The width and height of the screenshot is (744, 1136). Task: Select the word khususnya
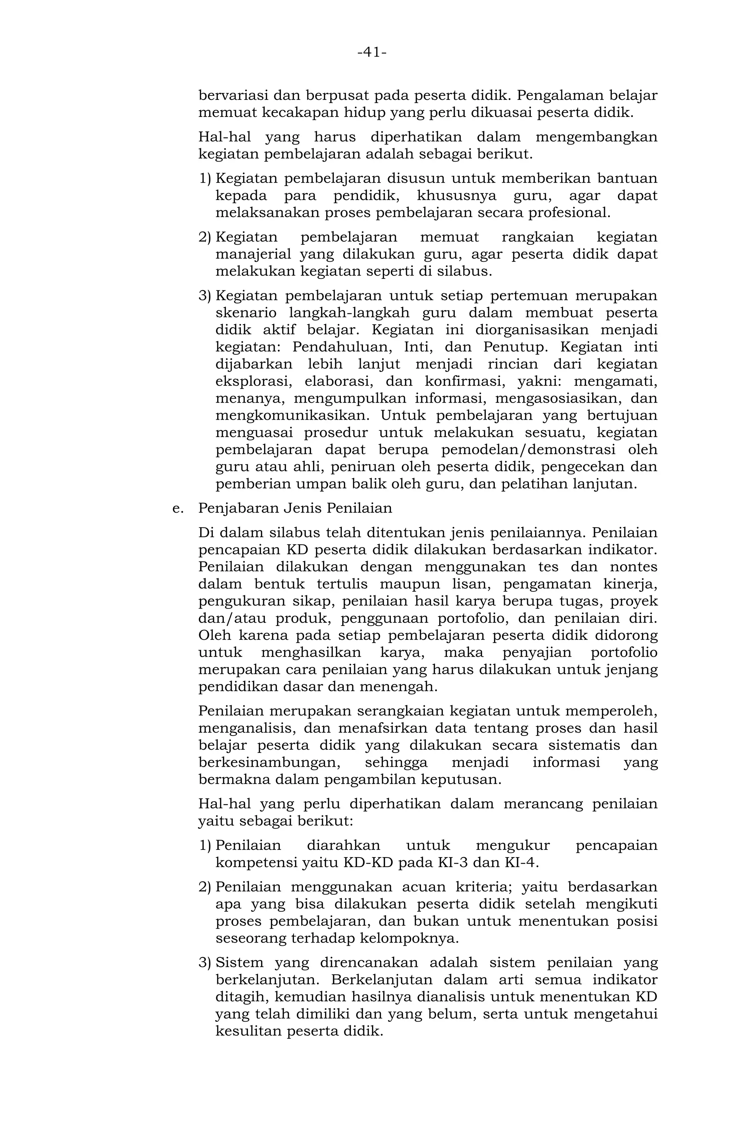456,196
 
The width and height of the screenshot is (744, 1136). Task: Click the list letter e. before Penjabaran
178,508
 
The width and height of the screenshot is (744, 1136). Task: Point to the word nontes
633,567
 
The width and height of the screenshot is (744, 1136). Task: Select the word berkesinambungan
269,763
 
